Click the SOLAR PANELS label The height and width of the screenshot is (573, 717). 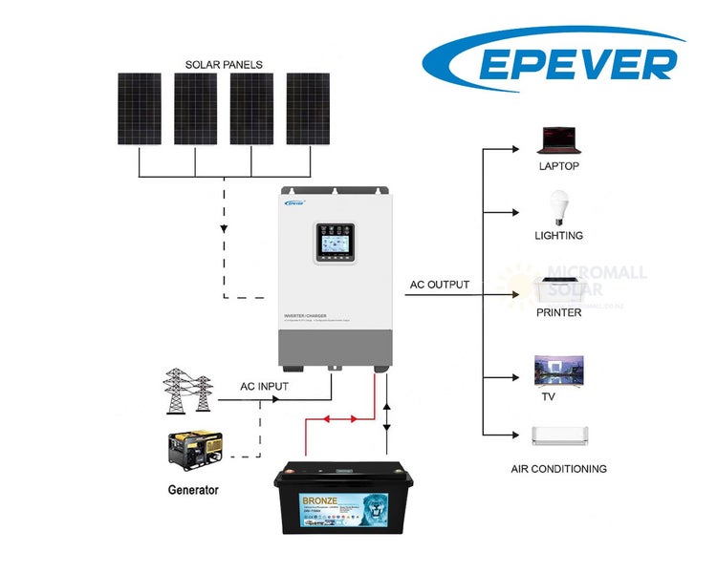[224, 65]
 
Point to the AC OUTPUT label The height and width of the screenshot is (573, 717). [440, 285]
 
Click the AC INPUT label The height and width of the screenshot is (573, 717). [264, 388]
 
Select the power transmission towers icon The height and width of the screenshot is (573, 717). [187, 392]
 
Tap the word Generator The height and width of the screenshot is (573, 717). [192, 490]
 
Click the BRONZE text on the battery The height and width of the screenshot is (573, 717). [300, 500]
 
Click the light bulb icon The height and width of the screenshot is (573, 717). [557, 209]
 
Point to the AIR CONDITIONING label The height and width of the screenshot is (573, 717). [558, 469]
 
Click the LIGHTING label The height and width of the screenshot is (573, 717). [558, 235]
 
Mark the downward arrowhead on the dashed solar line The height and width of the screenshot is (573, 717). [224, 230]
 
